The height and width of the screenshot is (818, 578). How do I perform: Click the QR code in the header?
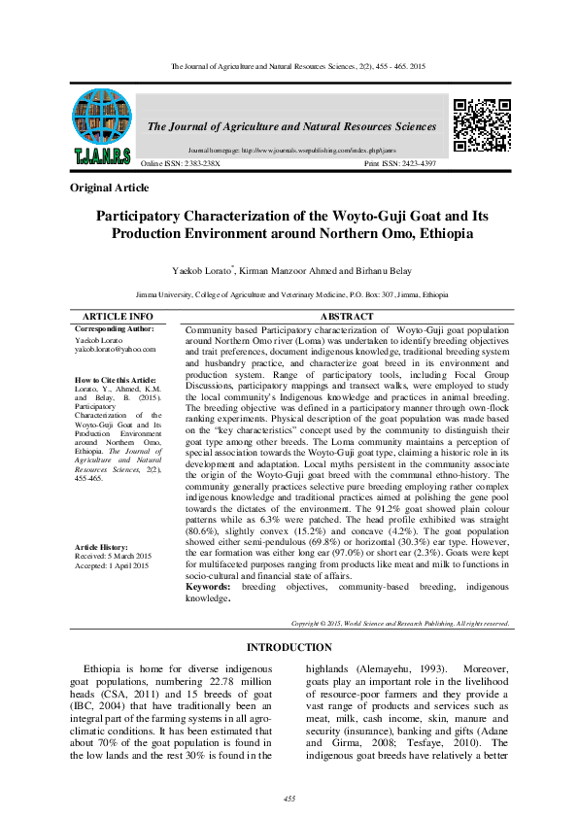point(483,125)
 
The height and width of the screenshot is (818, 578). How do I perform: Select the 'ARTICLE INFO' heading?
point(117,317)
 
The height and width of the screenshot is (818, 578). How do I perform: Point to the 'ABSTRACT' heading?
point(346,317)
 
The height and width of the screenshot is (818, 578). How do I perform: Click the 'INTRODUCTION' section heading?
point(289,647)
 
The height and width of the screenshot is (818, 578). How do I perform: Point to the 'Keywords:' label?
point(207,587)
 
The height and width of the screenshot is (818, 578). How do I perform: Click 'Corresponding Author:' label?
point(115,329)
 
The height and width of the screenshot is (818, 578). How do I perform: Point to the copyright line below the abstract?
point(399,622)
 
